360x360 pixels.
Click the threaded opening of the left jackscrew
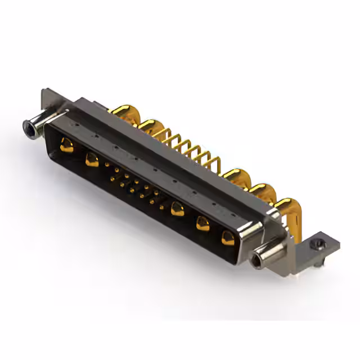(x=27, y=128)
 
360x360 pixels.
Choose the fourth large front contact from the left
(x=202, y=223)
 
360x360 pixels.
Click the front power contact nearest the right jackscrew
(x=228, y=237)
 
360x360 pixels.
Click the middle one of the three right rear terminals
(x=260, y=191)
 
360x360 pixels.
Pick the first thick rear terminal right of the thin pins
(x=236, y=176)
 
